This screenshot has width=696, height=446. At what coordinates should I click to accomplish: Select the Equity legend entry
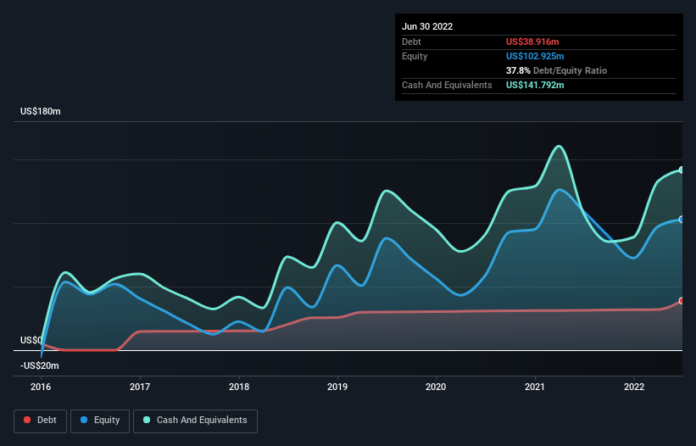point(100,420)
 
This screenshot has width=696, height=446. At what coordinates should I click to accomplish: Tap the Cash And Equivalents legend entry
point(195,420)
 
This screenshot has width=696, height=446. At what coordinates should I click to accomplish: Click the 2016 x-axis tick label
point(41,386)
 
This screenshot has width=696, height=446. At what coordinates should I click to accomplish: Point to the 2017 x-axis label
point(140,386)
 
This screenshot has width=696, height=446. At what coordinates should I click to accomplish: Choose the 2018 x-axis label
point(239,386)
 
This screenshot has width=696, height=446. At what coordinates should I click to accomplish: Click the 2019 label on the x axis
point(337,386)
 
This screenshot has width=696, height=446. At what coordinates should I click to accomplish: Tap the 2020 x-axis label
point(437,386)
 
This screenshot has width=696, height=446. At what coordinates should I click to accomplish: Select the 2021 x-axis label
point(536,386)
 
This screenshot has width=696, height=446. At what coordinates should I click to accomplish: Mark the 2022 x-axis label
point(634,386)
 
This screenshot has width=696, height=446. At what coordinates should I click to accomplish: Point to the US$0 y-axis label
point(32,340)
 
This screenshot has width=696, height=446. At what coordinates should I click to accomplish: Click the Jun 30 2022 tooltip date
point(427,26)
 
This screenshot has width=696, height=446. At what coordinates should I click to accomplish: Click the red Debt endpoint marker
point(682,301)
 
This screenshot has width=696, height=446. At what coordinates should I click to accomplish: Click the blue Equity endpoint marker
point(682,220)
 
